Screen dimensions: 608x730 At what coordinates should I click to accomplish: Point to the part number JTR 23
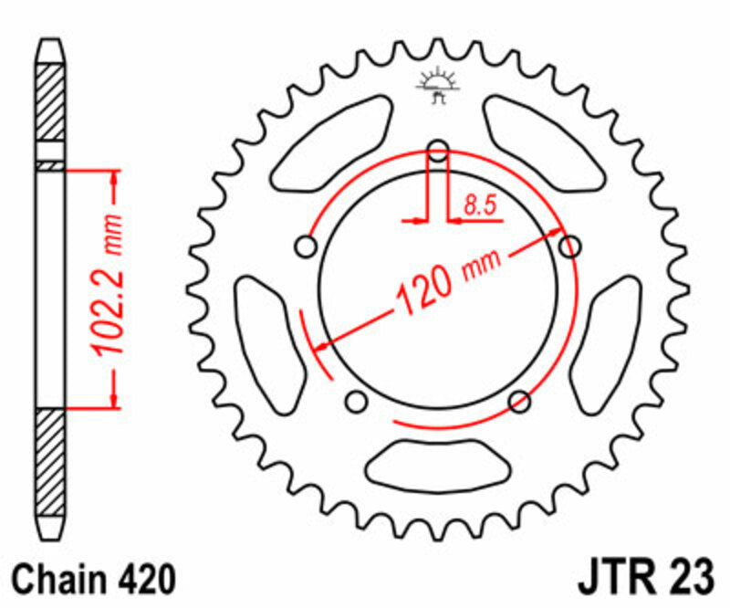point(637,579)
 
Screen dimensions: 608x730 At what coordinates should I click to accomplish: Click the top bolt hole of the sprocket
point(439,151)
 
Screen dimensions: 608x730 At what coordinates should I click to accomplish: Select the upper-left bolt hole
point(307,246)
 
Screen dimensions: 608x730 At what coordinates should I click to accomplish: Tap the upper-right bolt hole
point(570,246)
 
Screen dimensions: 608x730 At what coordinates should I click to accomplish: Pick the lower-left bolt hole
point(357,400)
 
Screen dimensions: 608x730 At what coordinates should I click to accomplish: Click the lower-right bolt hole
point(520,400)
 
